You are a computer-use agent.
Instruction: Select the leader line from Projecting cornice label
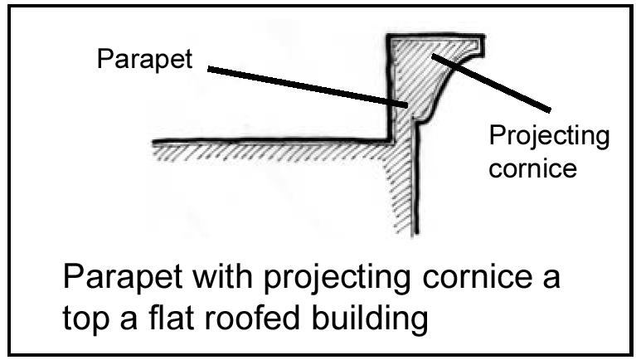point(498,83)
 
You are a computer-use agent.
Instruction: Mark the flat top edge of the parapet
point(435,36)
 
